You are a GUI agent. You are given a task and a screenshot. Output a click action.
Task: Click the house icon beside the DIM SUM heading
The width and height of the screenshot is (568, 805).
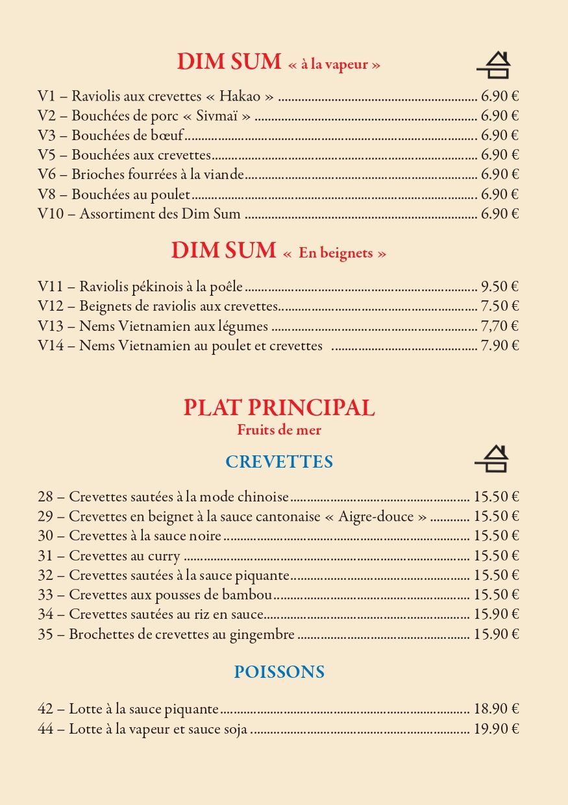click(x=494, y=65)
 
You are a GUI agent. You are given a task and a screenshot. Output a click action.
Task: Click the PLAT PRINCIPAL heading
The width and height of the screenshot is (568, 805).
click(x=279, y=407)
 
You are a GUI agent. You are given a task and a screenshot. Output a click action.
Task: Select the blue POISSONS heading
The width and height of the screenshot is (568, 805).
click(x=279, y=671)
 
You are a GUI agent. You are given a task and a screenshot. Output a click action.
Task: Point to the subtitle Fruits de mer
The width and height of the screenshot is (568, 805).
click(x=279, y=429)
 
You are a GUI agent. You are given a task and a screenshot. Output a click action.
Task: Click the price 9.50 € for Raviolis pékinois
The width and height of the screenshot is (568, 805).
click(x=499, y=287)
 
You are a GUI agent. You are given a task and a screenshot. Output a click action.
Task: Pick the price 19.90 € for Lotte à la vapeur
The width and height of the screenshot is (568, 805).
click(x=496, y=728)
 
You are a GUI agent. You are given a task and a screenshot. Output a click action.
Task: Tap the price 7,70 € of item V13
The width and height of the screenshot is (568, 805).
click(x=499, y=326)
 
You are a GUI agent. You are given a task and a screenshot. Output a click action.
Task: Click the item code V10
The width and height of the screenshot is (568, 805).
click(x=51, y=213)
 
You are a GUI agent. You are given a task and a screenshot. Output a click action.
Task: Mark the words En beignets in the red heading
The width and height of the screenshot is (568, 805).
click(x=335, y=253)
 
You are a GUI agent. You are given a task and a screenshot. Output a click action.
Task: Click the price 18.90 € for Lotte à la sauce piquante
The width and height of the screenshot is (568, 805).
click(x=496, y=709)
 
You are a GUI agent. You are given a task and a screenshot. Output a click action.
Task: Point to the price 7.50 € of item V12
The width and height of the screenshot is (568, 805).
click(x=499, y=306)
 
